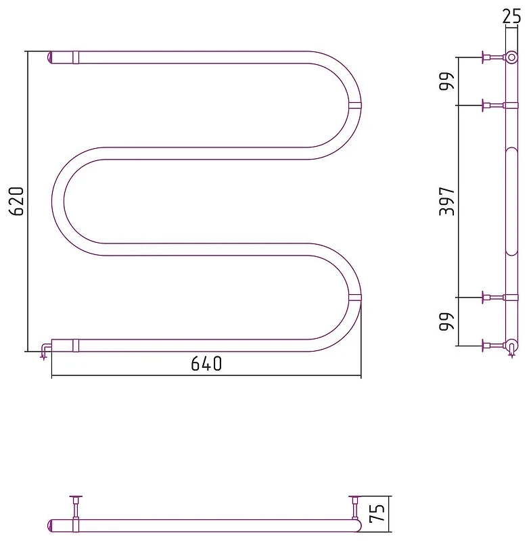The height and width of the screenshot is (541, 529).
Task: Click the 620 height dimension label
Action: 16,202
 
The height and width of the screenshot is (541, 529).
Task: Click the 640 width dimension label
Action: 206,364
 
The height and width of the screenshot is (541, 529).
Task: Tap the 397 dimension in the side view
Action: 447,202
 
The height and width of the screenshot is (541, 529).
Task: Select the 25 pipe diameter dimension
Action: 511,16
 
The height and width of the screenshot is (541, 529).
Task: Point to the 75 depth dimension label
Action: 377,513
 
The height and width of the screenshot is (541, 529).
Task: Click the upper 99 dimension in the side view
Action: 447,81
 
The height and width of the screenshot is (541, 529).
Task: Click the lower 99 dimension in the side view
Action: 447,322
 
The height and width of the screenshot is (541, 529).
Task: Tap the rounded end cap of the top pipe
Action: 49,57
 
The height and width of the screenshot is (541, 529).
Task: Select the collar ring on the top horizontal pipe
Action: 76,57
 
